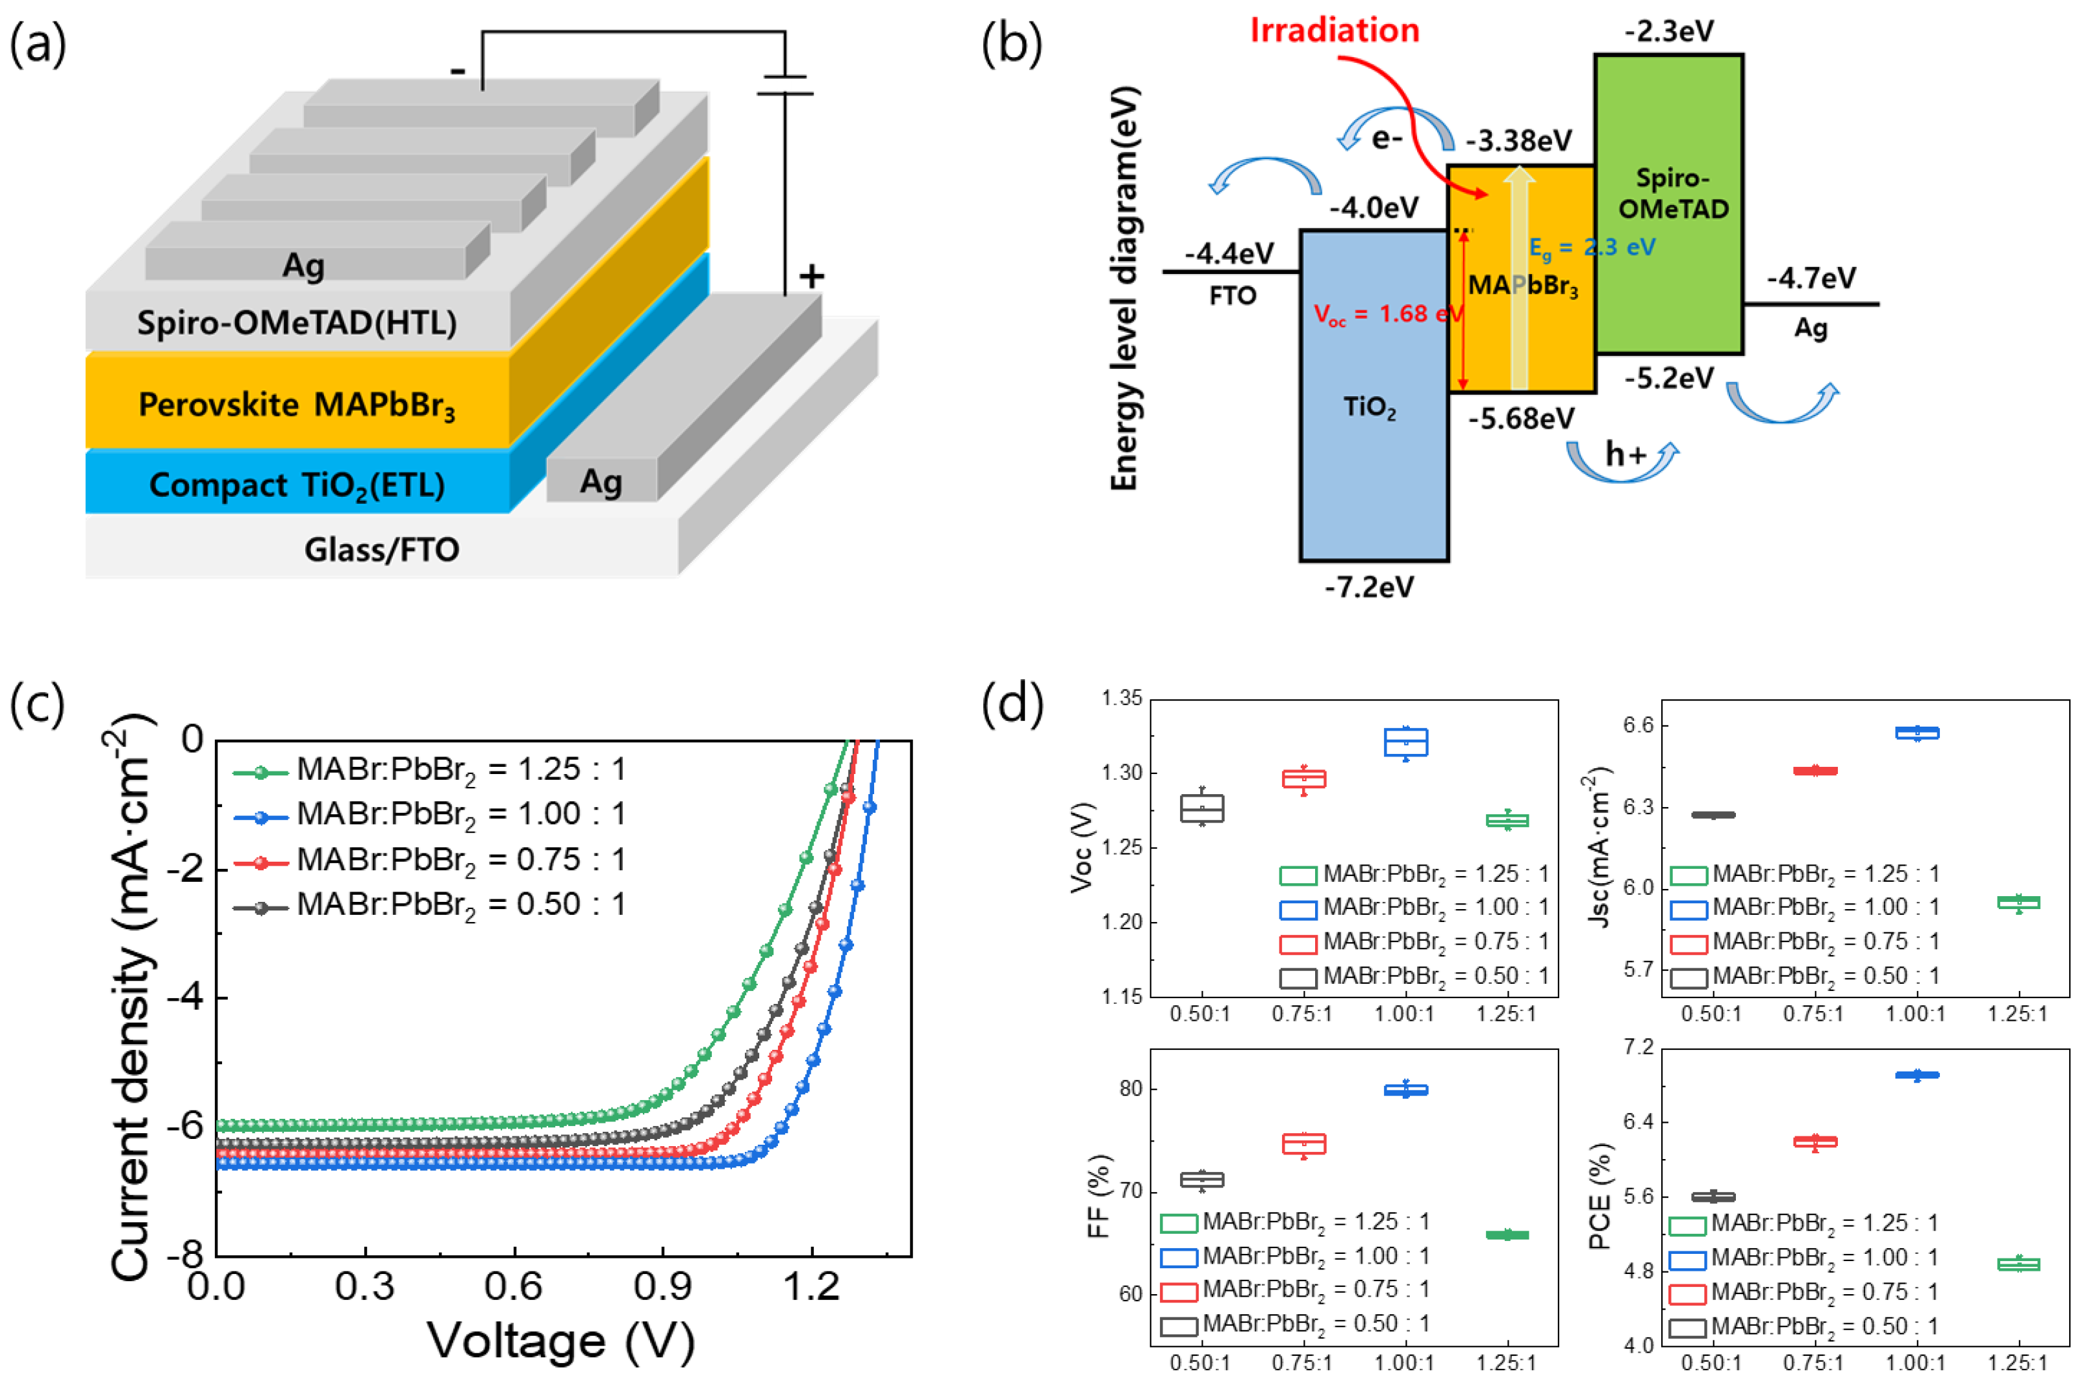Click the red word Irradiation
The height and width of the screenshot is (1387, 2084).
(1333, 31)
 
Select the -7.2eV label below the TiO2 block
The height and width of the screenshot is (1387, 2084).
(1368, 586)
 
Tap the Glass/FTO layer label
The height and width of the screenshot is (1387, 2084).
(381, 549)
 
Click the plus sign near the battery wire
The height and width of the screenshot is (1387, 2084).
(811, 276)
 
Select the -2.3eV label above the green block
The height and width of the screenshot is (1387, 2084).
(1668, 32)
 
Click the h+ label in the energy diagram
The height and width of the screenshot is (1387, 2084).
(1626, 454)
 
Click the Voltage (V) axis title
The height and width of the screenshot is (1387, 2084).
(561, 1340)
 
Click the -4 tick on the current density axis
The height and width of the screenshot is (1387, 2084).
(185, 997)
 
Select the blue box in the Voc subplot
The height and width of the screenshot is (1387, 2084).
(1405, 742)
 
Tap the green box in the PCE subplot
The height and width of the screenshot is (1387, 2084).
(2018, 1264)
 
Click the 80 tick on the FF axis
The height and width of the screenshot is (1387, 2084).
(1131, 1089)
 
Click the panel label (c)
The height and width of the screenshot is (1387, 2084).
(37, 704)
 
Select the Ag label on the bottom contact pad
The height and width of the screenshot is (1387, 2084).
(601, 481)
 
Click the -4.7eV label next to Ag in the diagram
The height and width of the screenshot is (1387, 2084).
(1811, 278)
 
